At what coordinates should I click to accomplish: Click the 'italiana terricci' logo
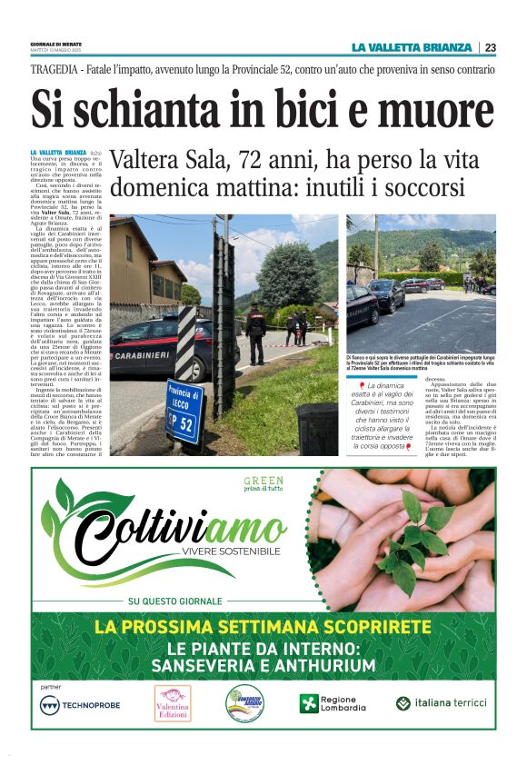coord(442,703)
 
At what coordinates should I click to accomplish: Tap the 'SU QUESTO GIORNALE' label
coord(175,601)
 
